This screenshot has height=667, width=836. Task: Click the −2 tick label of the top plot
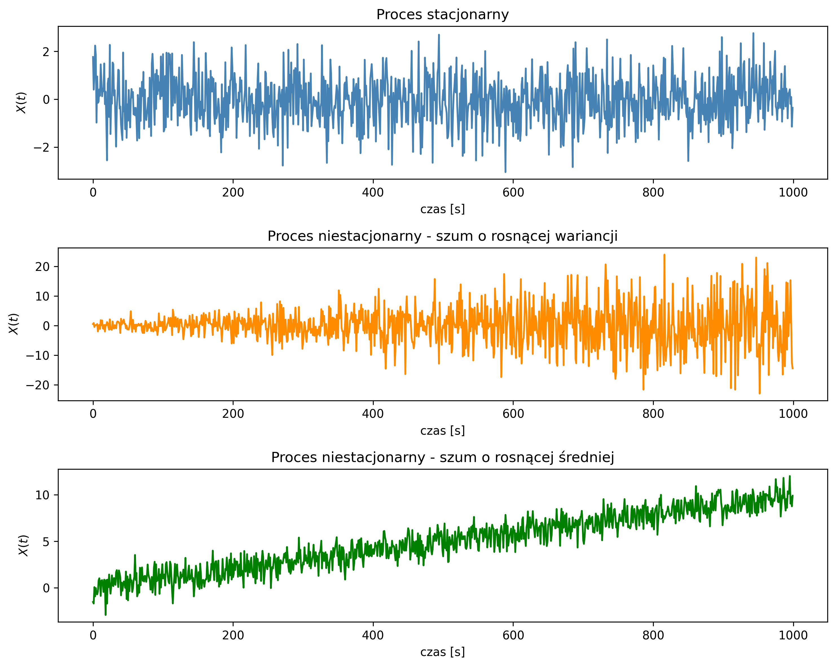(x=41, y=148)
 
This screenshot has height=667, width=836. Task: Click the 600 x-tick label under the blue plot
(x=513, y=193)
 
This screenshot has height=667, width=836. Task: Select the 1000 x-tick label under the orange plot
(x=793, y=414)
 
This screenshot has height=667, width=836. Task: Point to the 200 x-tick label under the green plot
(x=233, y=635)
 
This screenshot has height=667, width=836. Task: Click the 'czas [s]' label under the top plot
(x=443, y=209)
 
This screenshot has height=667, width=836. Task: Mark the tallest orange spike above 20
(x=664, y=255)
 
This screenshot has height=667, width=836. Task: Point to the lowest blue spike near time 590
(x=505, y=171)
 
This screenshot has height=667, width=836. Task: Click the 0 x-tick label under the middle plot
(x=93, y=414)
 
